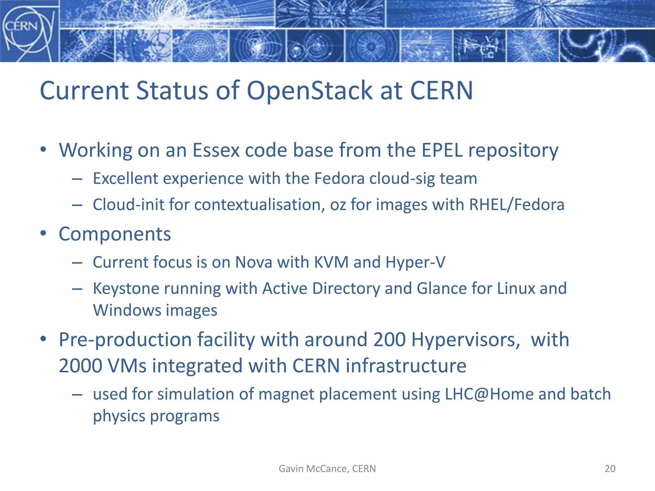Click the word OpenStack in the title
310,90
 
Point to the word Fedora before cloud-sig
339,178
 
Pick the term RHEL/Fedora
517,205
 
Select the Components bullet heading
115,234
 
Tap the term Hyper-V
415,262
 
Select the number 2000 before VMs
81,366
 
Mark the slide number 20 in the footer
610,469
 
